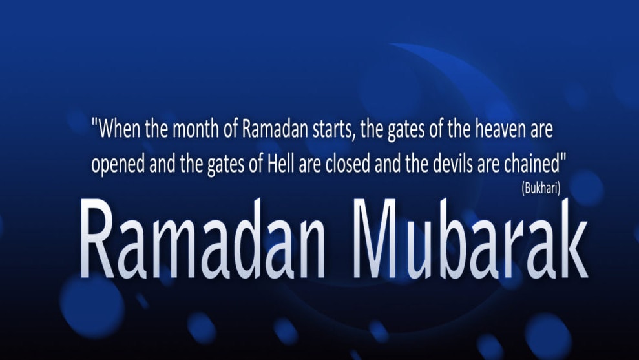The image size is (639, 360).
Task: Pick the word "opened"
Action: tap(118, 165)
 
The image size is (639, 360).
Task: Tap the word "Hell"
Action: tap(281, 164)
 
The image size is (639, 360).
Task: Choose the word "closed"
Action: tap(348, 164)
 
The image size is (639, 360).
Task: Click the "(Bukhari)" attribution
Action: tap(541, 188)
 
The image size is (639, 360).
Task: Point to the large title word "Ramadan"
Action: tap(203, 238)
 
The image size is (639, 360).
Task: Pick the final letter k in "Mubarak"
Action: tap(570, 238)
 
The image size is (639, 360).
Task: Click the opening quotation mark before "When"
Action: tap(95, 122)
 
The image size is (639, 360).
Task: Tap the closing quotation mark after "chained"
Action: tap(564, 158)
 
